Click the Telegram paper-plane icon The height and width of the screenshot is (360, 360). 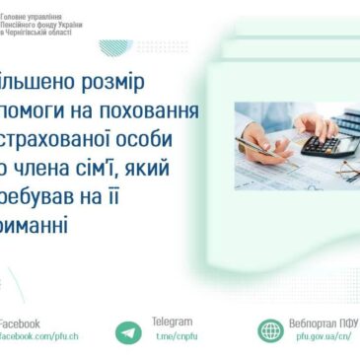click(x=127, y=332)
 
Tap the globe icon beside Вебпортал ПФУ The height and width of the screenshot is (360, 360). click(x=270, y=331)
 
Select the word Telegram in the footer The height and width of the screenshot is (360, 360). click(x=173, y=322)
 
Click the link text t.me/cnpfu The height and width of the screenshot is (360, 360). click(x=178, y=336)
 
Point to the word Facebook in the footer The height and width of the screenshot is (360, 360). click(x=19, y=323)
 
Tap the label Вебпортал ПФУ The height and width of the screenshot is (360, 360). click(x=324, y=322)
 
